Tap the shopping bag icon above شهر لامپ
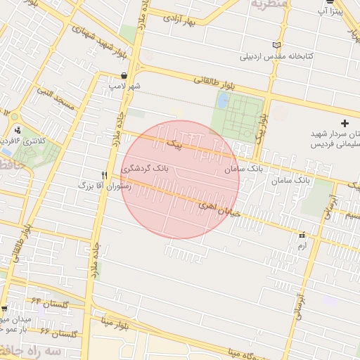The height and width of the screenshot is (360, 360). tap(124, 75)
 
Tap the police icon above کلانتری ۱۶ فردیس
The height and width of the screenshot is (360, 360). tap(17, 129)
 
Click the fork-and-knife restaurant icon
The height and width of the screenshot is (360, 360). tap(104, 175)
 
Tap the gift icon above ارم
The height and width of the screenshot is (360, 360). tap(302, 236)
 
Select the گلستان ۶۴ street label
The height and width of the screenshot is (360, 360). tap(56, 303)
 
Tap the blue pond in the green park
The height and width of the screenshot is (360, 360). tap(223, 101)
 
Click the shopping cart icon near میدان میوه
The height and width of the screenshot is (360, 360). tap(5, 309)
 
